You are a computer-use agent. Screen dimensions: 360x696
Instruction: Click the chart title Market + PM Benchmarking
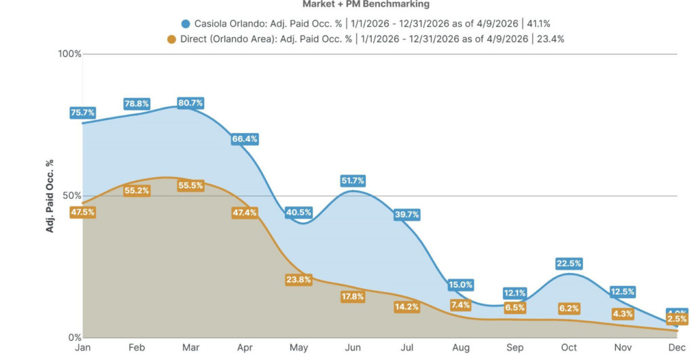(366, 4)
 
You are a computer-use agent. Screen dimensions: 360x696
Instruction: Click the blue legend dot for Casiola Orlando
(186, 23)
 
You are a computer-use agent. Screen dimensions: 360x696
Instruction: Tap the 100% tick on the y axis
(70, 54)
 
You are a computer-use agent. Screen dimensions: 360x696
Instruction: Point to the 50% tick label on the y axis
(72, 196)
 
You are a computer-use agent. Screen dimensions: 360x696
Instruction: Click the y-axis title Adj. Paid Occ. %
(50, 196)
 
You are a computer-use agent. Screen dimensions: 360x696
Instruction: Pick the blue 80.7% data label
(190, 103)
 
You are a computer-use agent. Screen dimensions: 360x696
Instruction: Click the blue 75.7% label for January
(82, 113)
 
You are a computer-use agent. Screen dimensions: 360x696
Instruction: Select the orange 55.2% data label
(137, 191)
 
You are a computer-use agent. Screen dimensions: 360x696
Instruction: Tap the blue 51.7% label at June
(353, 181)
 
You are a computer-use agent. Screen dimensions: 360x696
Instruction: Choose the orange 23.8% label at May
(298, 279)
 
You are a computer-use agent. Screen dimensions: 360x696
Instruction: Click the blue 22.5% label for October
(569, 264)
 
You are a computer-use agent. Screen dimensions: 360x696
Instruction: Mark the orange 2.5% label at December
(677, 319)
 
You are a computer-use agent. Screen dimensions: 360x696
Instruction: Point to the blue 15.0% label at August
(460, 285)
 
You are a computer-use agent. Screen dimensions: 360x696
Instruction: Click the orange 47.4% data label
(244, 213)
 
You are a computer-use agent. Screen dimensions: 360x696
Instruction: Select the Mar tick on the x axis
(190, 347)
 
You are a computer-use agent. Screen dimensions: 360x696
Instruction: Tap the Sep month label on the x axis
(515, 347)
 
